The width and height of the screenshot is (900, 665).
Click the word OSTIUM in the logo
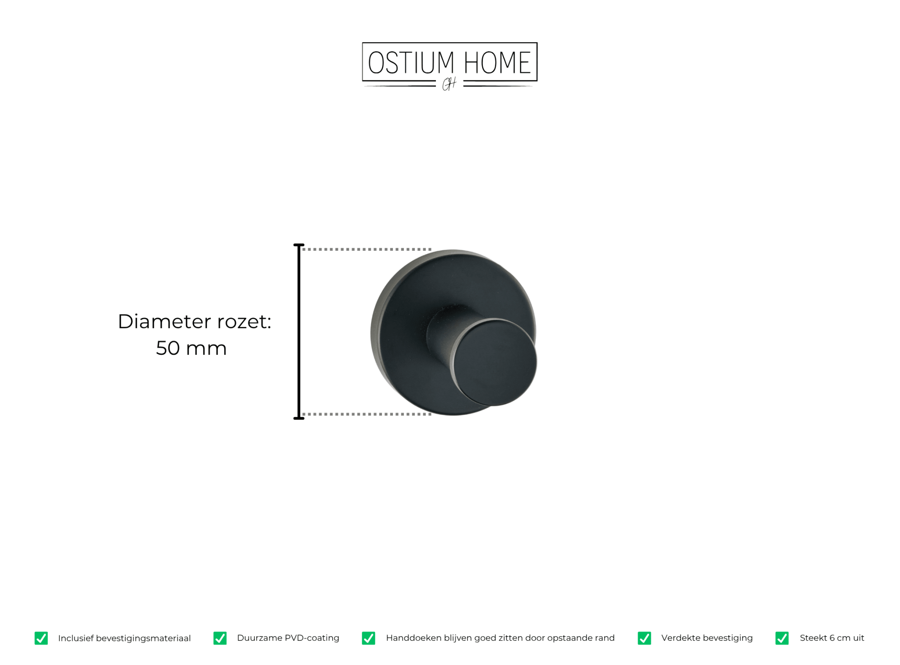(411, 62)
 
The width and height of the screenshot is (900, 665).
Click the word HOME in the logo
(497, 62)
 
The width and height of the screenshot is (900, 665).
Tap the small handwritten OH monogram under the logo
(449, 84)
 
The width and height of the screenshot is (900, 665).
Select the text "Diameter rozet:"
(195, 322)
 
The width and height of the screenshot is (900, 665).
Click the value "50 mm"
(191, 348)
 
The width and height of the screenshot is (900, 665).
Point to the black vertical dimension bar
(299, 332)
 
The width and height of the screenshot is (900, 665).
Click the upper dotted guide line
(367, 249)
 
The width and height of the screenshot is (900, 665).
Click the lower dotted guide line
(367, 414)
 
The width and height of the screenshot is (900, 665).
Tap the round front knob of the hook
(495, 362)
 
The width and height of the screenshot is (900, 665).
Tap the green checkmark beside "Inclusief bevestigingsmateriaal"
(41, 638)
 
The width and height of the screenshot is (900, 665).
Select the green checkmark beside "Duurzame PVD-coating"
(220, 638)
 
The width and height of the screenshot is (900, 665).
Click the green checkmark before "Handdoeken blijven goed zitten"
(368, 638)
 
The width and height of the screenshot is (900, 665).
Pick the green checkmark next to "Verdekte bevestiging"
(644, 638)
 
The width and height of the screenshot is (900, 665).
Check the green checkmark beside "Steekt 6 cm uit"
(782, 638)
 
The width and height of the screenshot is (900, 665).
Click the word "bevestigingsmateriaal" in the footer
(143, 638)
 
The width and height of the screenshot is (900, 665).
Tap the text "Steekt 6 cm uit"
(832, 638)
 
